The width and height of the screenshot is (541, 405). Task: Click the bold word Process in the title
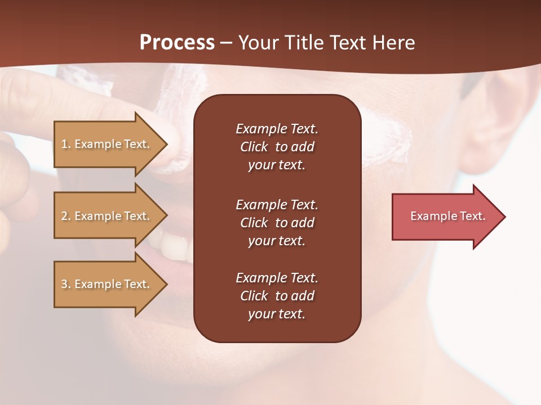click(x=177, y=43)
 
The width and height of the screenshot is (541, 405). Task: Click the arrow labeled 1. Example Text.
click(x=107, y=144)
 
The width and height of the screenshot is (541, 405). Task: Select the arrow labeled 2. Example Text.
click(x=107, y=216)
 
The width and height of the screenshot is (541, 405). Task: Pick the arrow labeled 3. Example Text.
click(x=107, y=284)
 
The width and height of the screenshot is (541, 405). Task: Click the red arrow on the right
click(x=445, y=217)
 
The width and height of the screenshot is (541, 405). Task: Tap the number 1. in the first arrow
click(x=65, y=144)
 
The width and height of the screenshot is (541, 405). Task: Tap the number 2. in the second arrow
click(x=65, y=216)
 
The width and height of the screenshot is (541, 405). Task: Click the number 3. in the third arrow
click(x=65, y=284)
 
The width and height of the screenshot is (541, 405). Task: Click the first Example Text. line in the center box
click(x=277, y=129)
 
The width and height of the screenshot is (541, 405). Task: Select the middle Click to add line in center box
click(x=277, y=223)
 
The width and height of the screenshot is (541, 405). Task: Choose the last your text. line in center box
click(x=277, y=314)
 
